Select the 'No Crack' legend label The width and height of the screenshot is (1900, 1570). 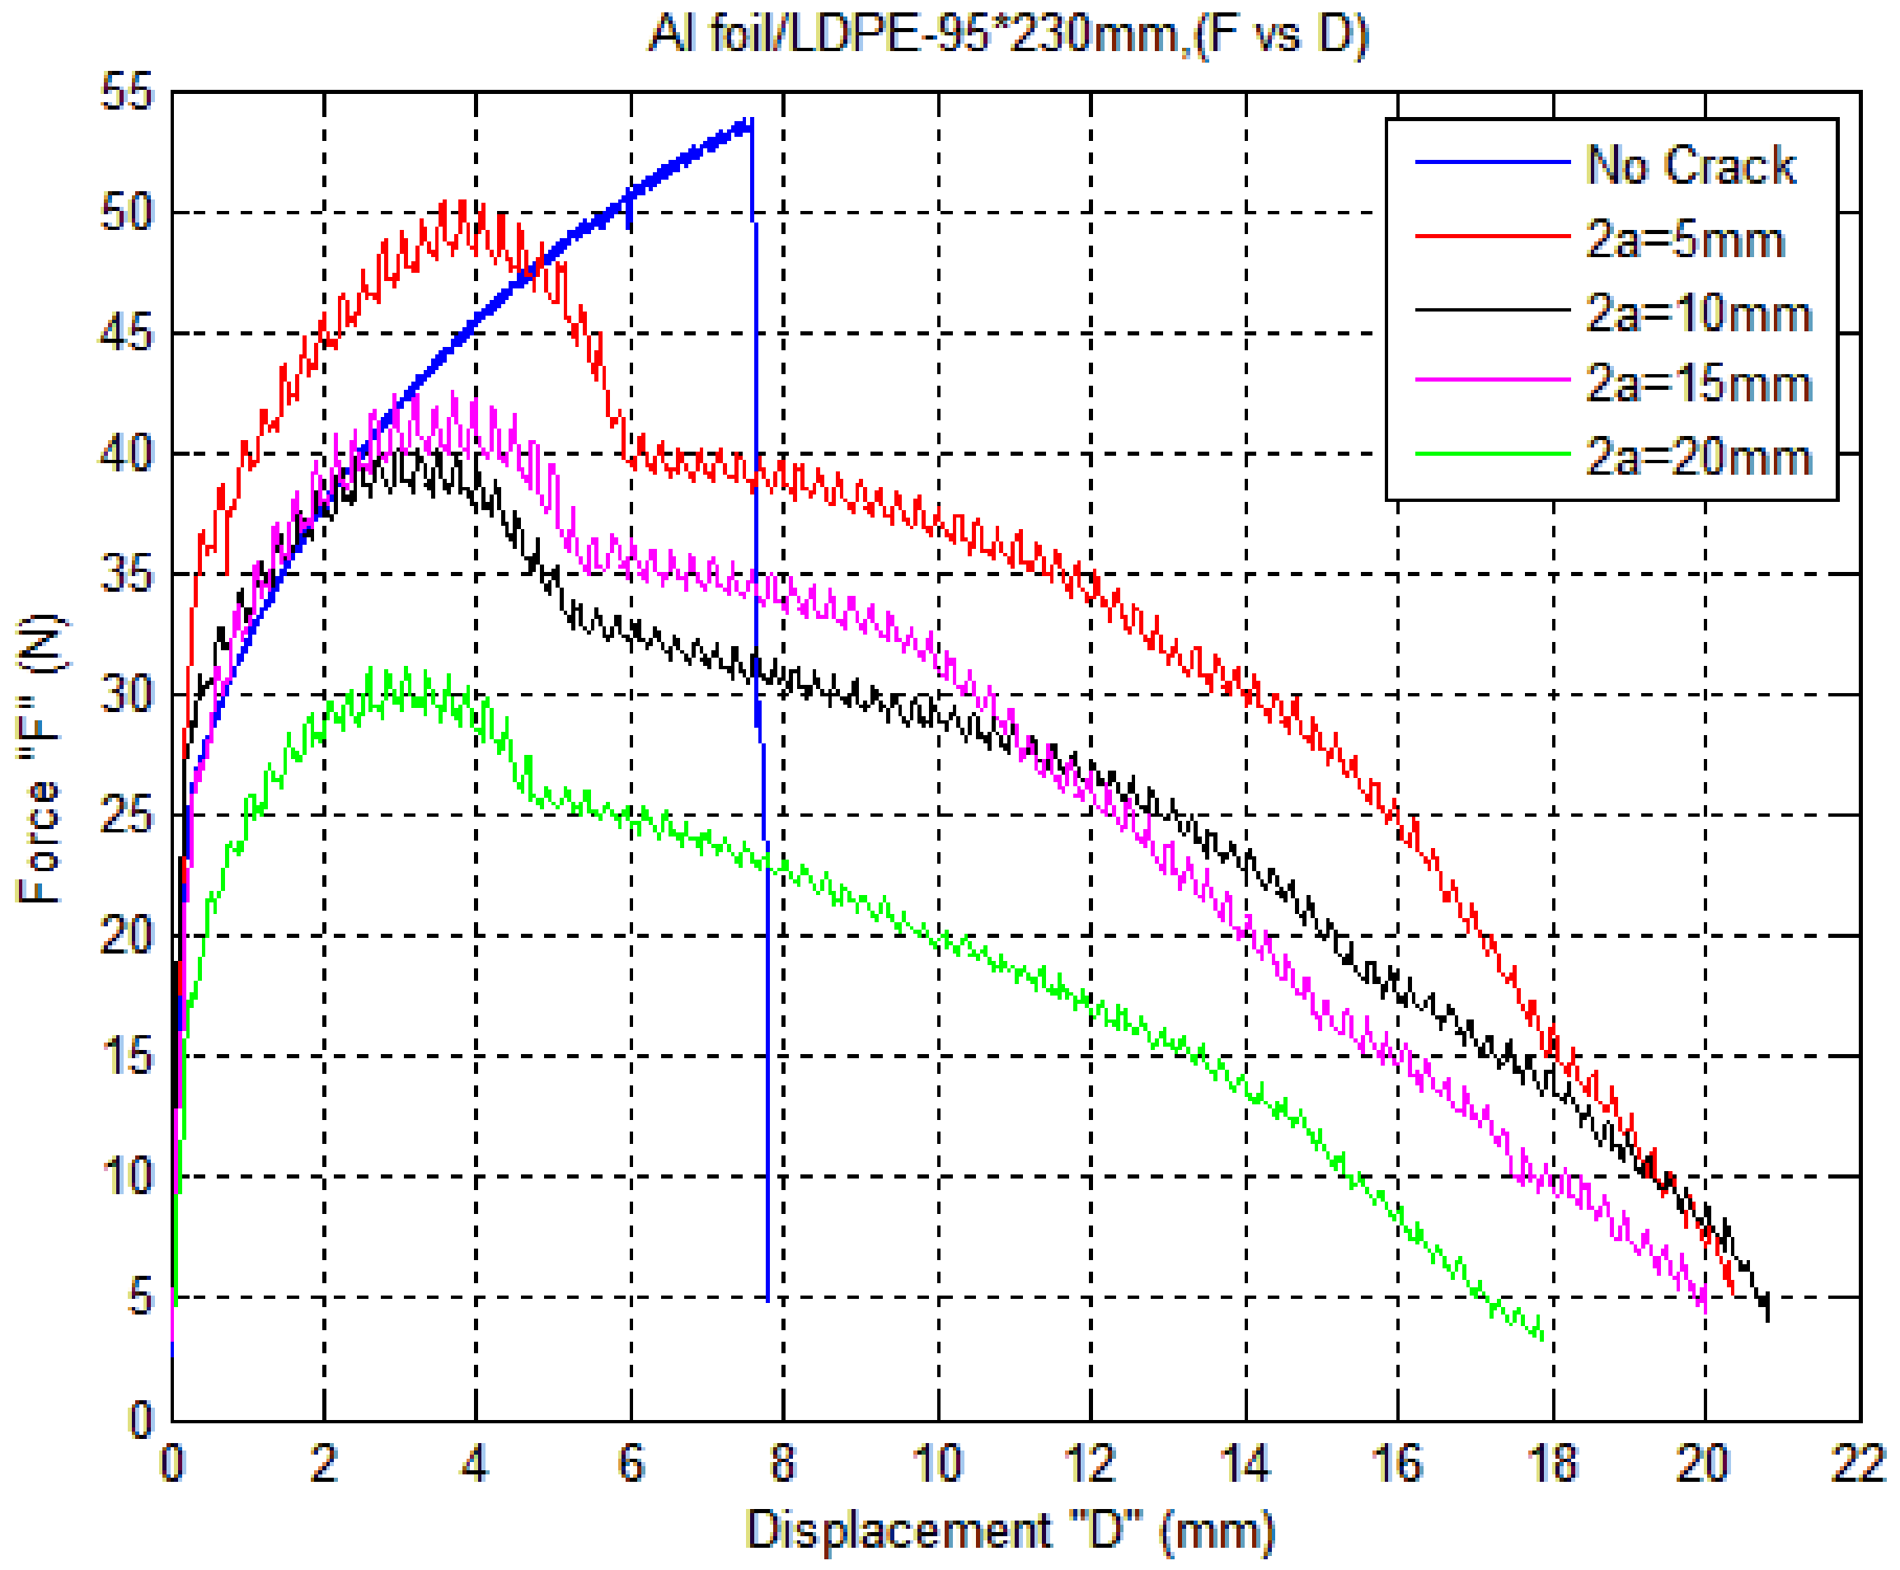pyautogui.click(x=1689, y=166)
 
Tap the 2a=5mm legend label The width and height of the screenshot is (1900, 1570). pyautogui.click(x=1684, y=240)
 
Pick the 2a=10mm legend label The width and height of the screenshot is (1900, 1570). pyautogui.click(x=1697, y=313)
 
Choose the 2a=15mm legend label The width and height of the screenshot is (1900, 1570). pyautogui.click(x=1697, y=383)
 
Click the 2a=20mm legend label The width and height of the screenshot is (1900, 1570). pyautogui.click(x=1697, y=457)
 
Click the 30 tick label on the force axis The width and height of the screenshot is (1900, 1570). pyautogui.click(x=128, y=695)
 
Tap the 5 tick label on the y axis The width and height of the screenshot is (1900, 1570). pyautogui.click(x=140, y=1297)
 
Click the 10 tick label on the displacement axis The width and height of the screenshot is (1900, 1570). pyautogui.click(x=937, y=1464)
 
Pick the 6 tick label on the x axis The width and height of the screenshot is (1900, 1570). pyautogui.click(x=631, y=1464)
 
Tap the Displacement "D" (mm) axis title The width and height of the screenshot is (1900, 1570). pyautogui.click(x=1009, y=1531)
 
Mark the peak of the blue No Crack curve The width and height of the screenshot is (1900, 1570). pyautogui.click(x=748, y=120)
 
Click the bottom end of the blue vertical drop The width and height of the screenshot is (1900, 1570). pyautogui.click(x=767, y=1301)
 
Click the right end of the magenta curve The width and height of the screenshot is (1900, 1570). pyautogui.click(x=1705, y=1309)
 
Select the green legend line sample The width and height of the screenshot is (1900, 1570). pyautogui.click(x=1491, y=453)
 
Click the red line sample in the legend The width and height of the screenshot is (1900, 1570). pyautogui.click(x=1491, y=236)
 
